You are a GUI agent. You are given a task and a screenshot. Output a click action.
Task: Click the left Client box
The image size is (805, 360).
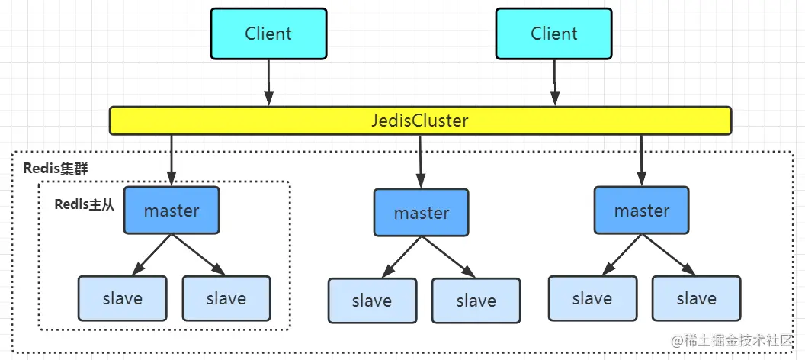tap(268, 34)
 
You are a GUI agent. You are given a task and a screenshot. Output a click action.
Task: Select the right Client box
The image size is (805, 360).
tap(554, 34)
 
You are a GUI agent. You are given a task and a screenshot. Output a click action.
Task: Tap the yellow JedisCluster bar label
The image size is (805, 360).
tap(420, 121)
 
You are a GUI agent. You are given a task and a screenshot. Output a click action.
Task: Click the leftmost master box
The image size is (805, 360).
tap(172, 211)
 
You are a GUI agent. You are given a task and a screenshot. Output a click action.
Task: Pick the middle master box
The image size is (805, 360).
tap(421, 213)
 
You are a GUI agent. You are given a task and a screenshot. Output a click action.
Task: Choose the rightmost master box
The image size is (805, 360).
tap(642, 211)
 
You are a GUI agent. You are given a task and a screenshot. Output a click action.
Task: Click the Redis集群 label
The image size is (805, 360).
tap(56, 169)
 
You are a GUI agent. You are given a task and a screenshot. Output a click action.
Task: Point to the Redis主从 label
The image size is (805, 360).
tap(85, 204)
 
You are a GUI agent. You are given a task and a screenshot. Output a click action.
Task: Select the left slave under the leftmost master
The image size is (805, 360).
tap(122, 298)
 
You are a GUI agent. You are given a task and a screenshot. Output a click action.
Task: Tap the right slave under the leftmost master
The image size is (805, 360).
tap(226, 298)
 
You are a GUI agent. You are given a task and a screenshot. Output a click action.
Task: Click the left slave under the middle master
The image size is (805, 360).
tap(372, 301)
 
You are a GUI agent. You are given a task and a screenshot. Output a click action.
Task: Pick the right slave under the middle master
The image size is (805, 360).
tap(476, 301)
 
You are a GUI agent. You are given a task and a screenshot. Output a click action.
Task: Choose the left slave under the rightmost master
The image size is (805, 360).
tap(592, 298)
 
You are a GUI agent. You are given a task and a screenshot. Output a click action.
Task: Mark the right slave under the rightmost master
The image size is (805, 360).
tap(697, 298)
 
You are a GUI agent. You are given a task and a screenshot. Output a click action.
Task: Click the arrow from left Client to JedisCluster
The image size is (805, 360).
tap(268, 82)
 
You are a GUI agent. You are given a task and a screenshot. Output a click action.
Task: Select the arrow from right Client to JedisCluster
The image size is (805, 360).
tap(554, 82)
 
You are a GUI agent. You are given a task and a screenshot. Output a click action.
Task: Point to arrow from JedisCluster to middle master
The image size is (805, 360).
tap(421, 162)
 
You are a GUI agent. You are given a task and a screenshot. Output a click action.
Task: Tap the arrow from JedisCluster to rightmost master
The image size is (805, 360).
tap(641, 161)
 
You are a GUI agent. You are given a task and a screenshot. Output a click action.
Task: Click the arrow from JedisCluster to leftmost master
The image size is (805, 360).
tap(172, 161)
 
